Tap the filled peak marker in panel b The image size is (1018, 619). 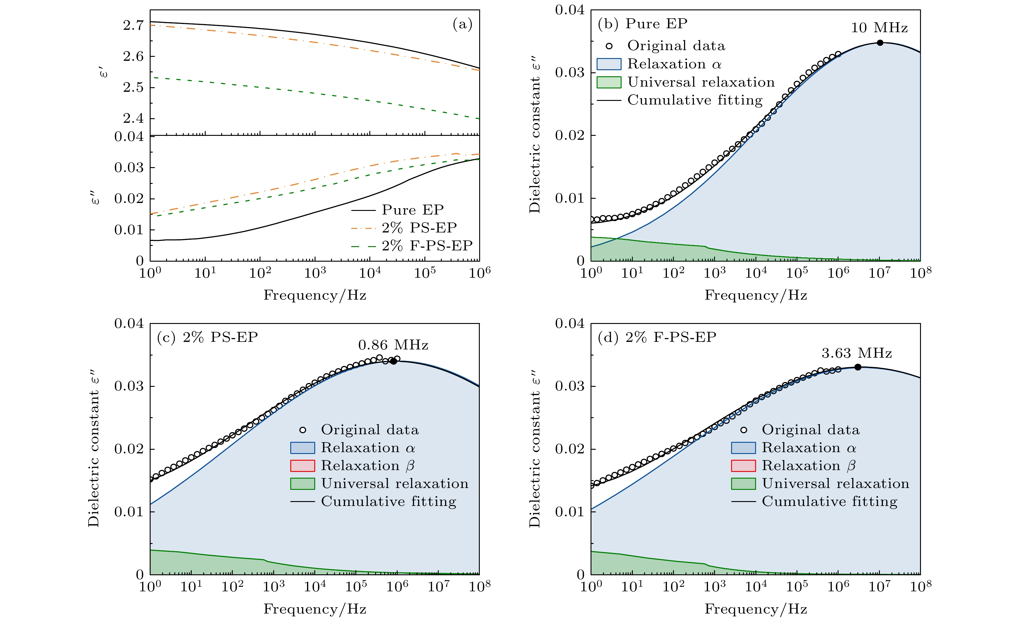click(x=880, y=43)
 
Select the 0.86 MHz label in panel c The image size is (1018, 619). click(x=393, y=345)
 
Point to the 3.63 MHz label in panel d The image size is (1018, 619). click(x=856, y=353)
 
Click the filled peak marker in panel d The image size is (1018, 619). click(x=858, y=367)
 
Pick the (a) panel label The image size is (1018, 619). click(x=462, y=24)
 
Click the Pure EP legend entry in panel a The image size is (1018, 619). click(x=412, y=210)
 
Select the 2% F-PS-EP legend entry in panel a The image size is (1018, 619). click(x=427, y=246)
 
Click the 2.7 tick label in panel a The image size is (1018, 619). click(x=133, y=25)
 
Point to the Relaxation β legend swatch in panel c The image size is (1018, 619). click(x=302, y=466)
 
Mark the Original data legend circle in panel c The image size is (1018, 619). click(x=303, y=430)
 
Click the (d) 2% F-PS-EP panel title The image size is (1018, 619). click(x=657, y=337)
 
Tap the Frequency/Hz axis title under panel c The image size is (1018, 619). click(x=315, y=609)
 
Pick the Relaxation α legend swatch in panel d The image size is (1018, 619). click(x=743, y=448)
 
